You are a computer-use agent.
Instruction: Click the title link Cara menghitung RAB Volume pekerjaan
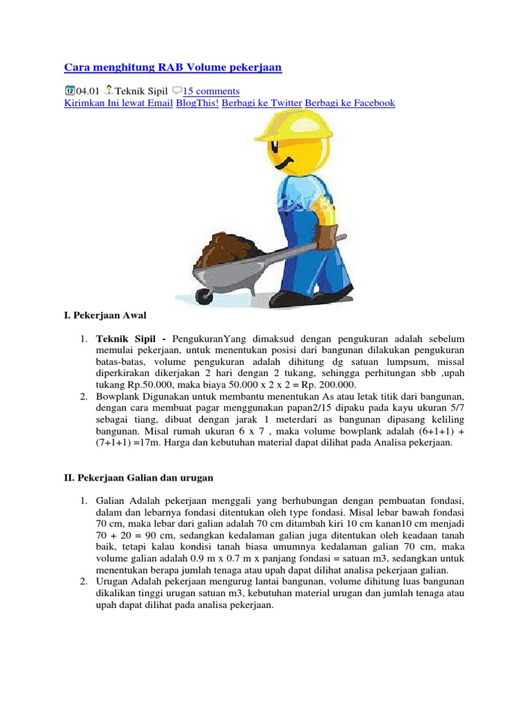click(173, 67)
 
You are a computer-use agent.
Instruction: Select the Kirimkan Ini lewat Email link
click(118, 103)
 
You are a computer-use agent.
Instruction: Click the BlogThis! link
click(197, 103)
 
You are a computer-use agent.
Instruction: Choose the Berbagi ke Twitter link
click(262, 103)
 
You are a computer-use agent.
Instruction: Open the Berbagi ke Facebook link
click(350, 103)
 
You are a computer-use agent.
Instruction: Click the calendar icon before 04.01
click(70, 90)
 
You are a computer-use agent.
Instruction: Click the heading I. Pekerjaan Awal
click(105, 315)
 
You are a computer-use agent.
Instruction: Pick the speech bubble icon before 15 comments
click(176, 90)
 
